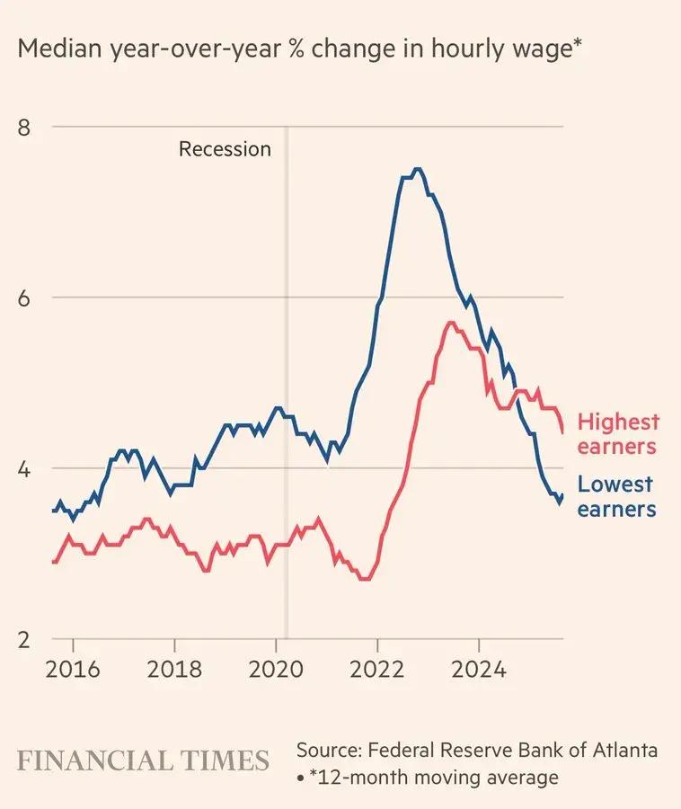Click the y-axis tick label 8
(24, 127)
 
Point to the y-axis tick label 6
(24, 298)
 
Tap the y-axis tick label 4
(24, 468)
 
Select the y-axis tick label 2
(24, 639)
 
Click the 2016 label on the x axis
(73, 670)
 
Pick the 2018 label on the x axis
(174, 670)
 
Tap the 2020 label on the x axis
(276, 670)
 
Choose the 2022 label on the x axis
(378, 670)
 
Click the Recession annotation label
(225, 149)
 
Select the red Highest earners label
(617, 433)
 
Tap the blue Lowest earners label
(615, 497)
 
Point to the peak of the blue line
(417, 169)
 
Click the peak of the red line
(450, 323)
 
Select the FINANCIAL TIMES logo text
(144, 760)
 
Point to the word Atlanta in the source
(625, 750)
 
